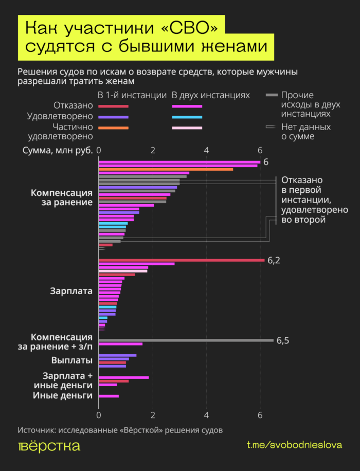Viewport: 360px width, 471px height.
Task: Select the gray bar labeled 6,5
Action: point(185,340)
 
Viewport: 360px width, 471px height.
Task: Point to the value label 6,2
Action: point(274,261)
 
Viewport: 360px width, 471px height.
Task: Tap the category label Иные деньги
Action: point(63,395)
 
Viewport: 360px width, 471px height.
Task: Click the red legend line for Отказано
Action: point(114,106)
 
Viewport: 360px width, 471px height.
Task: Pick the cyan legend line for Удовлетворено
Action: point(187,117)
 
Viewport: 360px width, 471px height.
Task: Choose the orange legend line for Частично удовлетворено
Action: point(114,128)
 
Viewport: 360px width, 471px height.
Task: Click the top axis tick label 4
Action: point(206,150)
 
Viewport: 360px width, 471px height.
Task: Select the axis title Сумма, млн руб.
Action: point(58,150)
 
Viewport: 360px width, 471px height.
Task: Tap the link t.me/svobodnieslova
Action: point(294,445)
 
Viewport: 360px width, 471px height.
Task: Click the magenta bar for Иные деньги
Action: point(109,396)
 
